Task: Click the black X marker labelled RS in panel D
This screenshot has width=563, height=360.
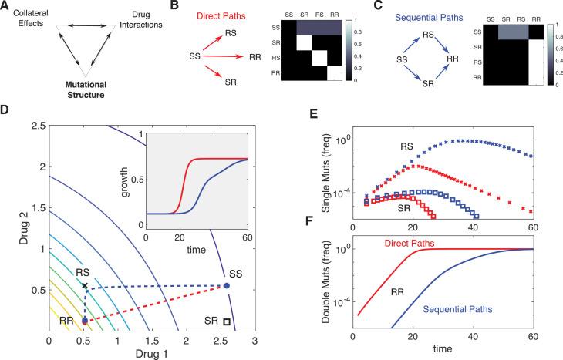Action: click(x=84, y=286)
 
